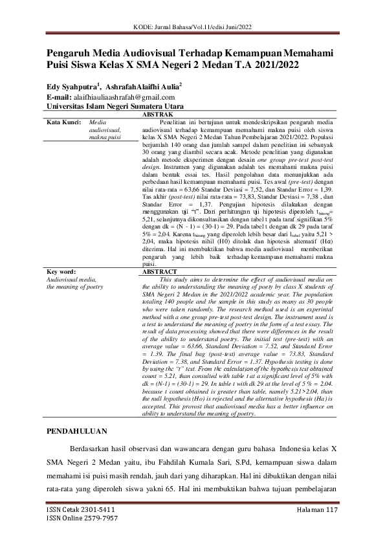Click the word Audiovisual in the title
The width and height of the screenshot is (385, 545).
[148, 50]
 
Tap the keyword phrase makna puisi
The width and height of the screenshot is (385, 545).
[105, 138]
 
